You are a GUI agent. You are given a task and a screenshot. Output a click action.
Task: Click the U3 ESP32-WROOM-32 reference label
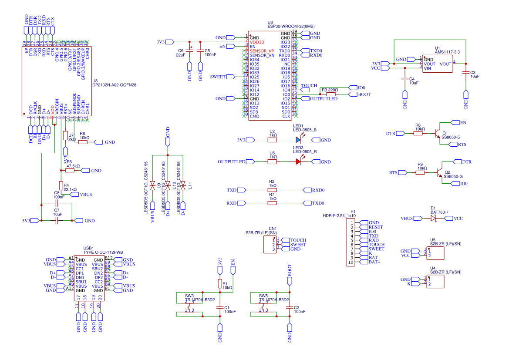point(270,22)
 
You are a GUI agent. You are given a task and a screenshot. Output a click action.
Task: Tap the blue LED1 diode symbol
point(298,140)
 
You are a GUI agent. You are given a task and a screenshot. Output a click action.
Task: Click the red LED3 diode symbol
point(298,162)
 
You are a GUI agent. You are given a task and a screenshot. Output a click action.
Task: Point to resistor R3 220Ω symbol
point(331,94)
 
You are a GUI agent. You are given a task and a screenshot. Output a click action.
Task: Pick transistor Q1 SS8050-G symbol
point(438,134)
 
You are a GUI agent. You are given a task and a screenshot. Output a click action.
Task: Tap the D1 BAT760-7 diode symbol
point(433,219)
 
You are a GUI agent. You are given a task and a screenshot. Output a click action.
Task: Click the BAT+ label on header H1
point(374,262)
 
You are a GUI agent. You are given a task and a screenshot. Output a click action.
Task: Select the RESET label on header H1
point(375,227)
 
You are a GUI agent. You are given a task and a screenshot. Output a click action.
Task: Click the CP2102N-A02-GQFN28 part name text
point(115,85)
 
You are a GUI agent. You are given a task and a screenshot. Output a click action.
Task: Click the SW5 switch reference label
point(263,295)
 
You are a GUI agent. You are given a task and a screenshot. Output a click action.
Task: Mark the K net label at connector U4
point(409,284)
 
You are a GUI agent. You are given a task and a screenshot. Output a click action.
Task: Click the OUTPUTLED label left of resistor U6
point(231,162)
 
